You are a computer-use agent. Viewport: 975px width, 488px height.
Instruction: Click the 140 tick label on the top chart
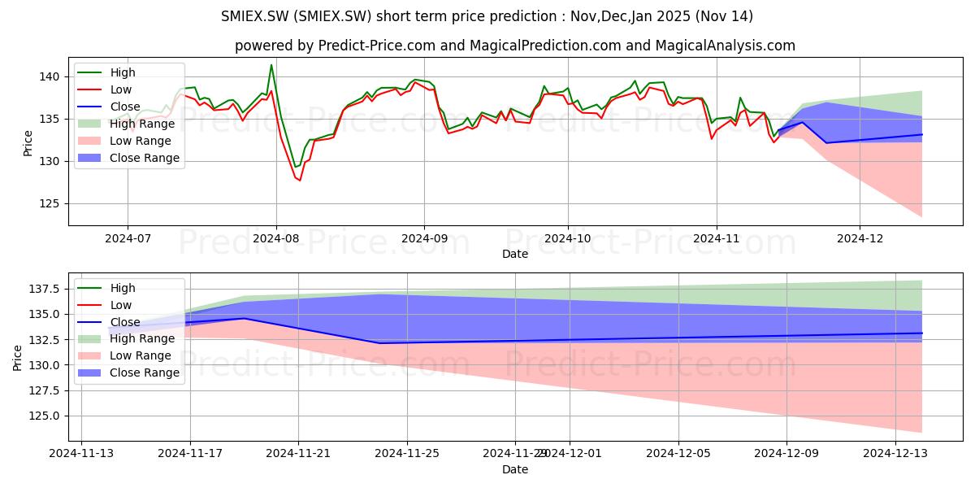49,77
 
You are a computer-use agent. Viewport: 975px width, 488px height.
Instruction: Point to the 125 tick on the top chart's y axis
49,204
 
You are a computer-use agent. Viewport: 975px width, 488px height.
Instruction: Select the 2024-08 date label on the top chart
276,239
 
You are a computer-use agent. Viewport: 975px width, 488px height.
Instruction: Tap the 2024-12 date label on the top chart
860,239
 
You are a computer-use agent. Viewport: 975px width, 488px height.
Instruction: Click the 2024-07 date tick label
128,239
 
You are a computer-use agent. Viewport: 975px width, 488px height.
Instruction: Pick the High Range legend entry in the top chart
126,124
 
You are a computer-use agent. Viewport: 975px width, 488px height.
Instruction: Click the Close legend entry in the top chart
109,107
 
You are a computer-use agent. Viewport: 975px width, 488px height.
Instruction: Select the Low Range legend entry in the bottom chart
124,355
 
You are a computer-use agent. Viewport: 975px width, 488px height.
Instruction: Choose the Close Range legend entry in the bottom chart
128,373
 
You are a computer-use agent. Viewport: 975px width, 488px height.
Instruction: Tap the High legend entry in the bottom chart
106,288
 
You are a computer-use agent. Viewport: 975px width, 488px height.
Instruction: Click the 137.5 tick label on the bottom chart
44,290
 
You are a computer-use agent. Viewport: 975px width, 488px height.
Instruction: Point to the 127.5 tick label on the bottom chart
44,391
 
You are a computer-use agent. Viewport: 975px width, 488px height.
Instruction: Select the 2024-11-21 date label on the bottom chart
298,454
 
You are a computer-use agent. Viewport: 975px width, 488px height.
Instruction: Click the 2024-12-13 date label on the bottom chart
895,454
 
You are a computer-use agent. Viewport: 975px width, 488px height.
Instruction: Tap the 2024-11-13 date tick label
81,454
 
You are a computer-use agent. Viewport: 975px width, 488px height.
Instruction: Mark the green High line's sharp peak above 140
271,65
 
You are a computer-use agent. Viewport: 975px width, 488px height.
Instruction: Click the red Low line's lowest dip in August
300,181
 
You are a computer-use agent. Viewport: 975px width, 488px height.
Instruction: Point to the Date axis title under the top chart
515,254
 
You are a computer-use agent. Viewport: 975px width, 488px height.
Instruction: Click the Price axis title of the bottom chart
17,358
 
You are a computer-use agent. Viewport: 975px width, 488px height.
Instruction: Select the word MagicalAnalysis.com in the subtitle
725,46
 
